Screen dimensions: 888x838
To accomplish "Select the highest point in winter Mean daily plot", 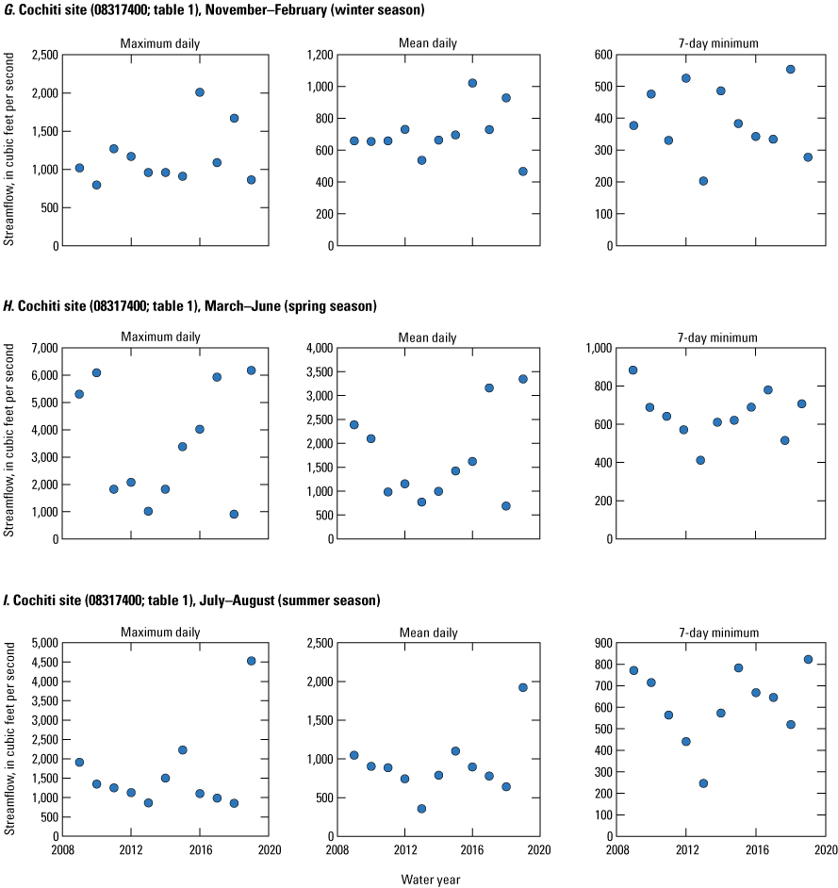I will coord(472,83).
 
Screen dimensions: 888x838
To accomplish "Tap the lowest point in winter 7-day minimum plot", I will coord(703,181).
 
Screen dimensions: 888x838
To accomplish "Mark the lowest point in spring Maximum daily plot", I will coord(234,514).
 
